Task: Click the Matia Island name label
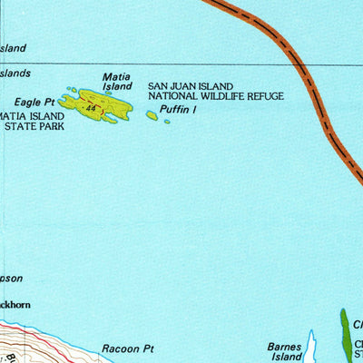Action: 117,82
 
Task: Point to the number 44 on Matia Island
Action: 91,108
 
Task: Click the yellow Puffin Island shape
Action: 152,115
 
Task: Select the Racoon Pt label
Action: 129,348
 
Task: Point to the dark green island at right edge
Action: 345,336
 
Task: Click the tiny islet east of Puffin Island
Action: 167,121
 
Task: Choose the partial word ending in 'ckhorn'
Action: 15,306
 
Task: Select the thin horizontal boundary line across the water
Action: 181,64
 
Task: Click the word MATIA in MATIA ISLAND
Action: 11,117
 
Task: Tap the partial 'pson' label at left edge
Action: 11,279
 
